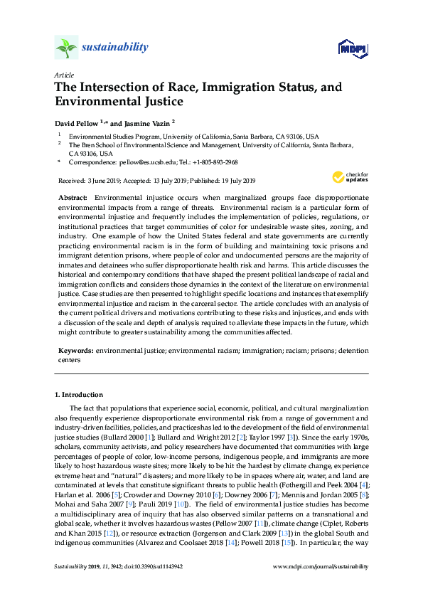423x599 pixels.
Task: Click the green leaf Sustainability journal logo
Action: pyautogui.click(x=66, y=47)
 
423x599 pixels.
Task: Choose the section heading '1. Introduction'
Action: pyautogui.click(x=79, y=394)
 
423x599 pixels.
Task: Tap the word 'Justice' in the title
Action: pyautogui.click(x=164, y=102)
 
